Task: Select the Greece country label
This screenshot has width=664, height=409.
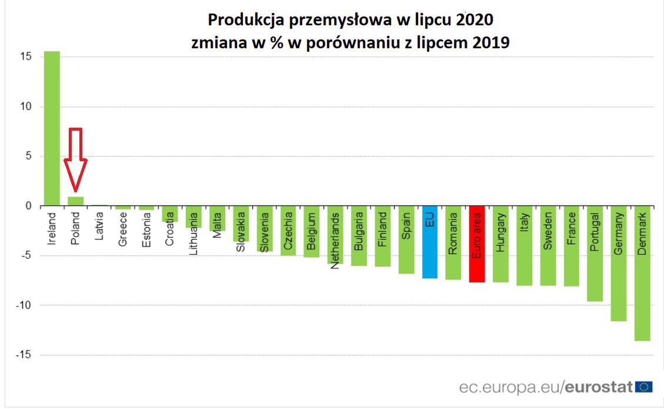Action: (123, 229)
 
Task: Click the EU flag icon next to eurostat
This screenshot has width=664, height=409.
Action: (644, 387)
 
